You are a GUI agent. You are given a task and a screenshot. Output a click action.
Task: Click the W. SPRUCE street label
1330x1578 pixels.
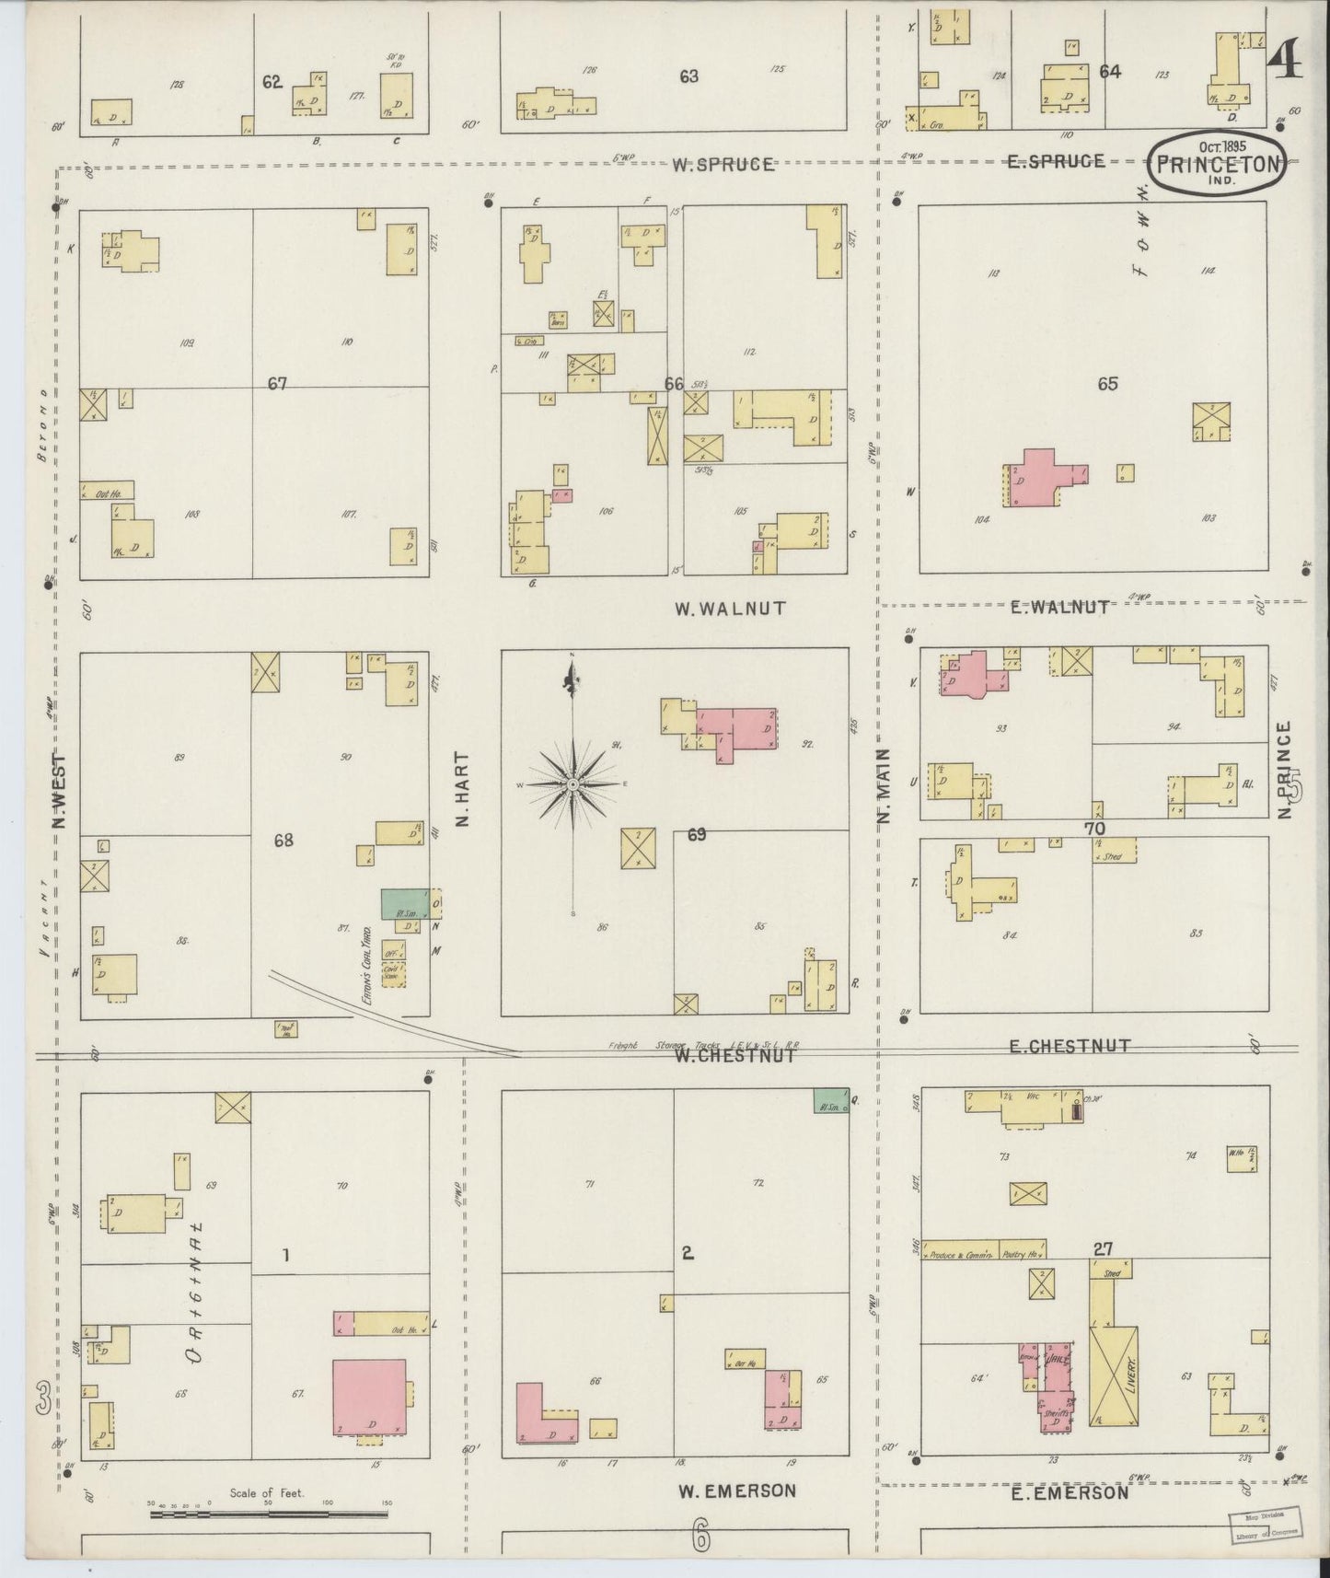coord(723,165)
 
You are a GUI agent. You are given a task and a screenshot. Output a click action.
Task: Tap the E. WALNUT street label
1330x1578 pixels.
coord(1059,606)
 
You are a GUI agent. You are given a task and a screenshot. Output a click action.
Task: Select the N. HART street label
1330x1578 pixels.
coord(462,789)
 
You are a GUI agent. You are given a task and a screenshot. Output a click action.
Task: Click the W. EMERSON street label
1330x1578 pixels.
coord(737,1491)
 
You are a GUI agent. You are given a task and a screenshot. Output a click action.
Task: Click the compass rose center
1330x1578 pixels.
coord(572,784)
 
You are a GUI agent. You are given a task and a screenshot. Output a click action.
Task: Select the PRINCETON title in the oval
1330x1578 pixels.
coord(1218,166)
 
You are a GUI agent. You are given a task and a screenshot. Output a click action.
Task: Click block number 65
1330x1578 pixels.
coord(1107,383)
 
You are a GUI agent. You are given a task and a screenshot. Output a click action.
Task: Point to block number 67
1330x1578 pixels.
coord(277,383)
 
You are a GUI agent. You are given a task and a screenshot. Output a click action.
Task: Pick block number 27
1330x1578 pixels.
coord(1103,1249)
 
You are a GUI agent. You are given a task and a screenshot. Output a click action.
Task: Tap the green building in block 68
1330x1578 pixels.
coord(405,902)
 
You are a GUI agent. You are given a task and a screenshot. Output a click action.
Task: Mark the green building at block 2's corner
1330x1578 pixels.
coord(829,1101)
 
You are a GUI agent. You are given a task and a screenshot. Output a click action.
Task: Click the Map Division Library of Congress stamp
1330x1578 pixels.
coord(1263,1524)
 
